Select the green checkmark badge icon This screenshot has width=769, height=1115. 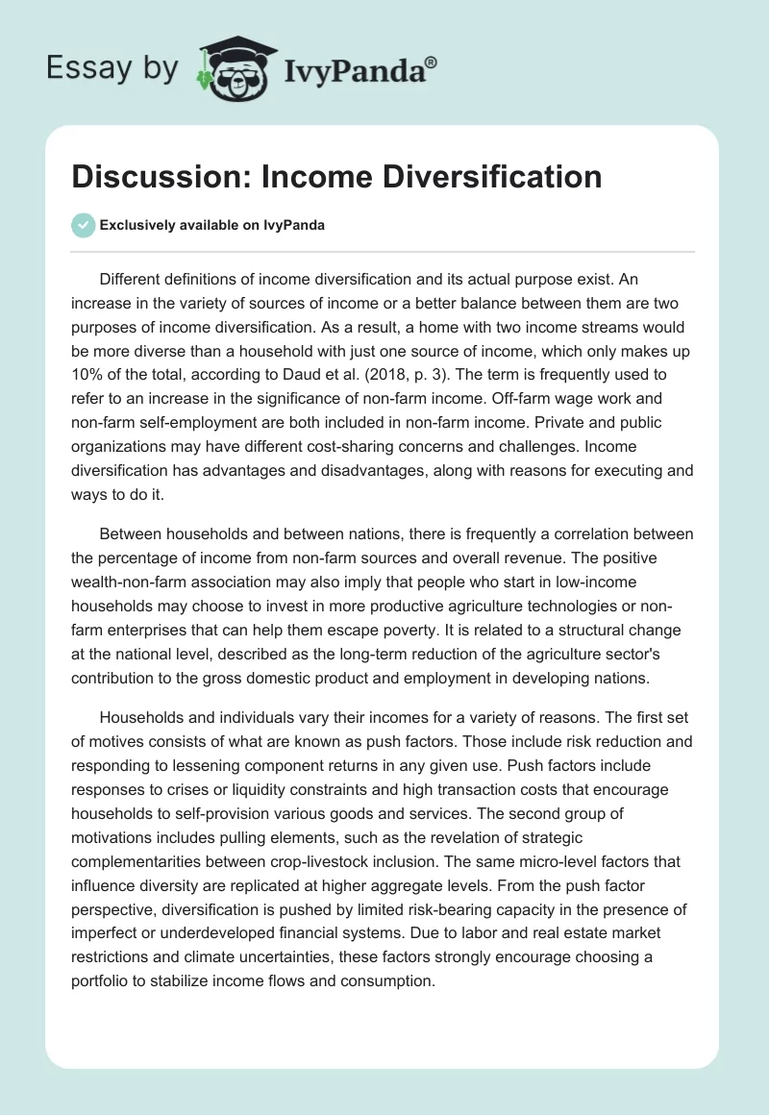[x=83, y=225]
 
